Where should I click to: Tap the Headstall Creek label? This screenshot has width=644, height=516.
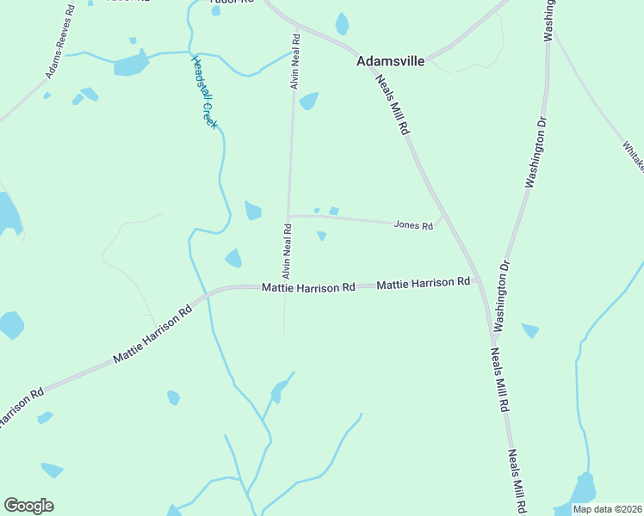click(206, 92)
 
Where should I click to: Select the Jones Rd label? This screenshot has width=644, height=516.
click(412, 224)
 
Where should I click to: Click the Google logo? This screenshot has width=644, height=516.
click(28, 505)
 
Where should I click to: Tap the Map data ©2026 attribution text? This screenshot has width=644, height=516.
click(606, 509)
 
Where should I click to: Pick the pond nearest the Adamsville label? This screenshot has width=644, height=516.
click(343, 23)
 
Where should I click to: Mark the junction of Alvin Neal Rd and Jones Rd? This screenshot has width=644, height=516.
click(288, 215)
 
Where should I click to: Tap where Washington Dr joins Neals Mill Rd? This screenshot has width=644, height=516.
click(494, 333)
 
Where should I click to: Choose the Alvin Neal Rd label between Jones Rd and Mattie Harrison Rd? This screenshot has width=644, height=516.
click(287, 250)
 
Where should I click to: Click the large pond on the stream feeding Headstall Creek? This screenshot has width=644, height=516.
click(131, 63)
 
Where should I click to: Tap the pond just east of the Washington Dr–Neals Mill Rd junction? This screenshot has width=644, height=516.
click(530, 330)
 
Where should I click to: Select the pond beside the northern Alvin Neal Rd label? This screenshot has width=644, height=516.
click(308, 101)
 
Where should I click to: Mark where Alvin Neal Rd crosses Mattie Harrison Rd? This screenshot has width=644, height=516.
click(285, 286)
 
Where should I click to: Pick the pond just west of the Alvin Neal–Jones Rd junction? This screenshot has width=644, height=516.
click(253, 211)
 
